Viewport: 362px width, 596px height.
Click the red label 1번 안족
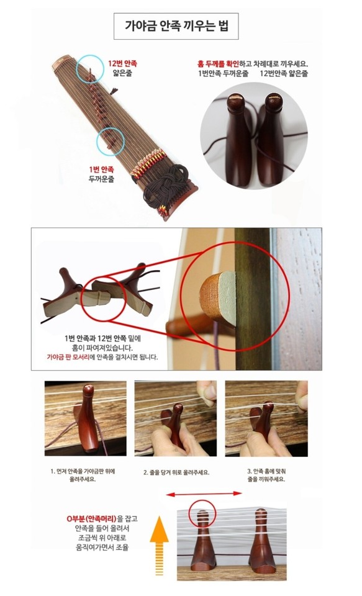tap(103, 168)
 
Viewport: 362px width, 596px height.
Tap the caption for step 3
tap(266, 476)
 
